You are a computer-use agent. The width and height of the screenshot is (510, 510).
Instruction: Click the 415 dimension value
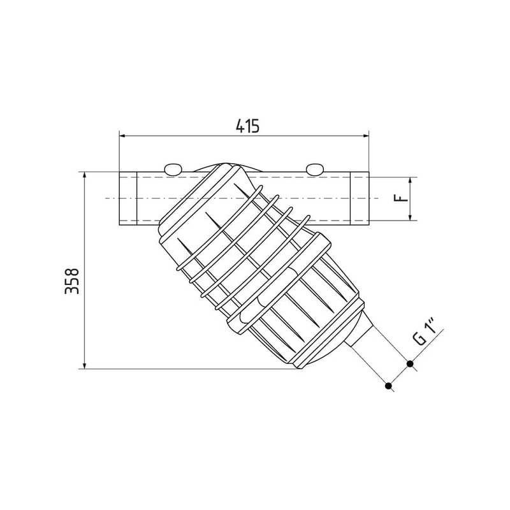[x=247, y=126]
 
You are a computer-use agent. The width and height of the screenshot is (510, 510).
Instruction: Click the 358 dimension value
[x=72, y=281]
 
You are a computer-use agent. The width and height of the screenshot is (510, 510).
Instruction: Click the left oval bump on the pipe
[x=173, y=170]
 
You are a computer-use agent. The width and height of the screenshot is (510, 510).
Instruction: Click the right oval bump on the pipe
[x=315, y=170]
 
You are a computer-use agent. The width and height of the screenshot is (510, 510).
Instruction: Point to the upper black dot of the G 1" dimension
[x=410, y=363]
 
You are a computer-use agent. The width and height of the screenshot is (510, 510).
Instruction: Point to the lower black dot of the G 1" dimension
[x=388, y=386]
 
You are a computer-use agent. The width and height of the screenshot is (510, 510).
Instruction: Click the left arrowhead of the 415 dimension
[x=123, y=136]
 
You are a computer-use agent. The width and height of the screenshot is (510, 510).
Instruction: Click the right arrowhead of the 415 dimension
[x=365, y=136]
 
